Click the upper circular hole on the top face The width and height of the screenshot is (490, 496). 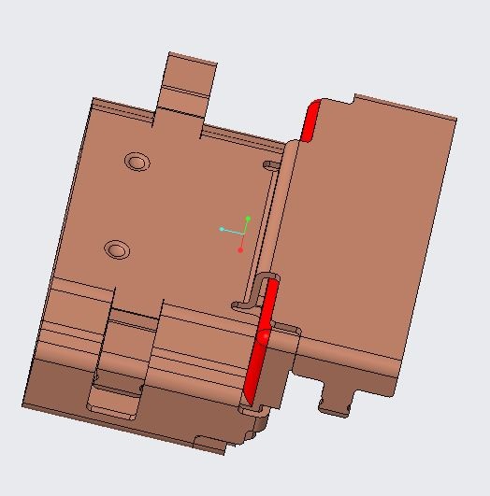(x=138, y=162)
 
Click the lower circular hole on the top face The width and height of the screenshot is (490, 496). (x=116, y=249)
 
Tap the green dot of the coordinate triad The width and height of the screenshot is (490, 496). (x=248, y=219)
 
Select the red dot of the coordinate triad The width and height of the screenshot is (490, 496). (x=240, y=249)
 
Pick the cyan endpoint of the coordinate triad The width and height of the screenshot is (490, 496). (x=222, y=229)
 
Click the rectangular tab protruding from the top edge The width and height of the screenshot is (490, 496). (x=190, y=75)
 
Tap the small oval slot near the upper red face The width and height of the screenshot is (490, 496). (x=270, y=166)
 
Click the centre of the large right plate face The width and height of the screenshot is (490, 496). (x=374, y=234)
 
